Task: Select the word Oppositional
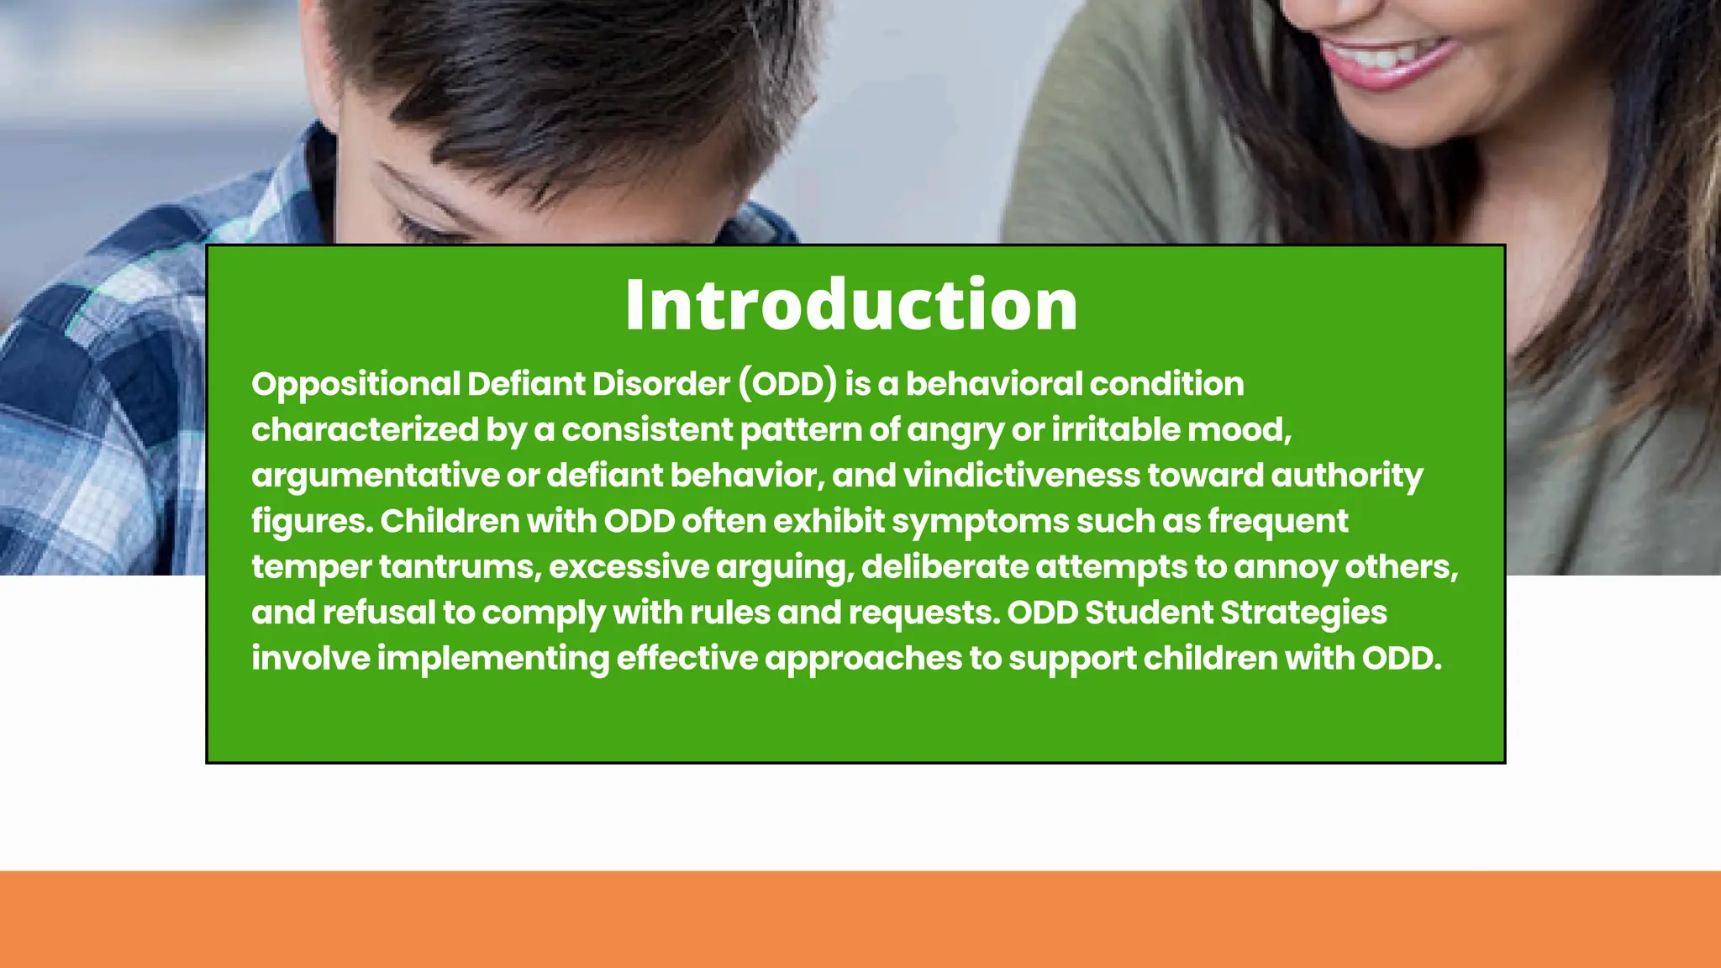tap(355, 384)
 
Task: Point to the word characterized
tap(365, 430)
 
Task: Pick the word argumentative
tap(375, 476)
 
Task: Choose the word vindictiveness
tap(1021, 476)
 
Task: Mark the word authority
tap(1347, 476)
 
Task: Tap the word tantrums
tap(456, 567)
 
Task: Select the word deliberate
tap(945, 567)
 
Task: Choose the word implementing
tap(493, 659)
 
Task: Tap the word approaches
tap(863, 659)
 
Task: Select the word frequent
tap(1277, 522)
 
